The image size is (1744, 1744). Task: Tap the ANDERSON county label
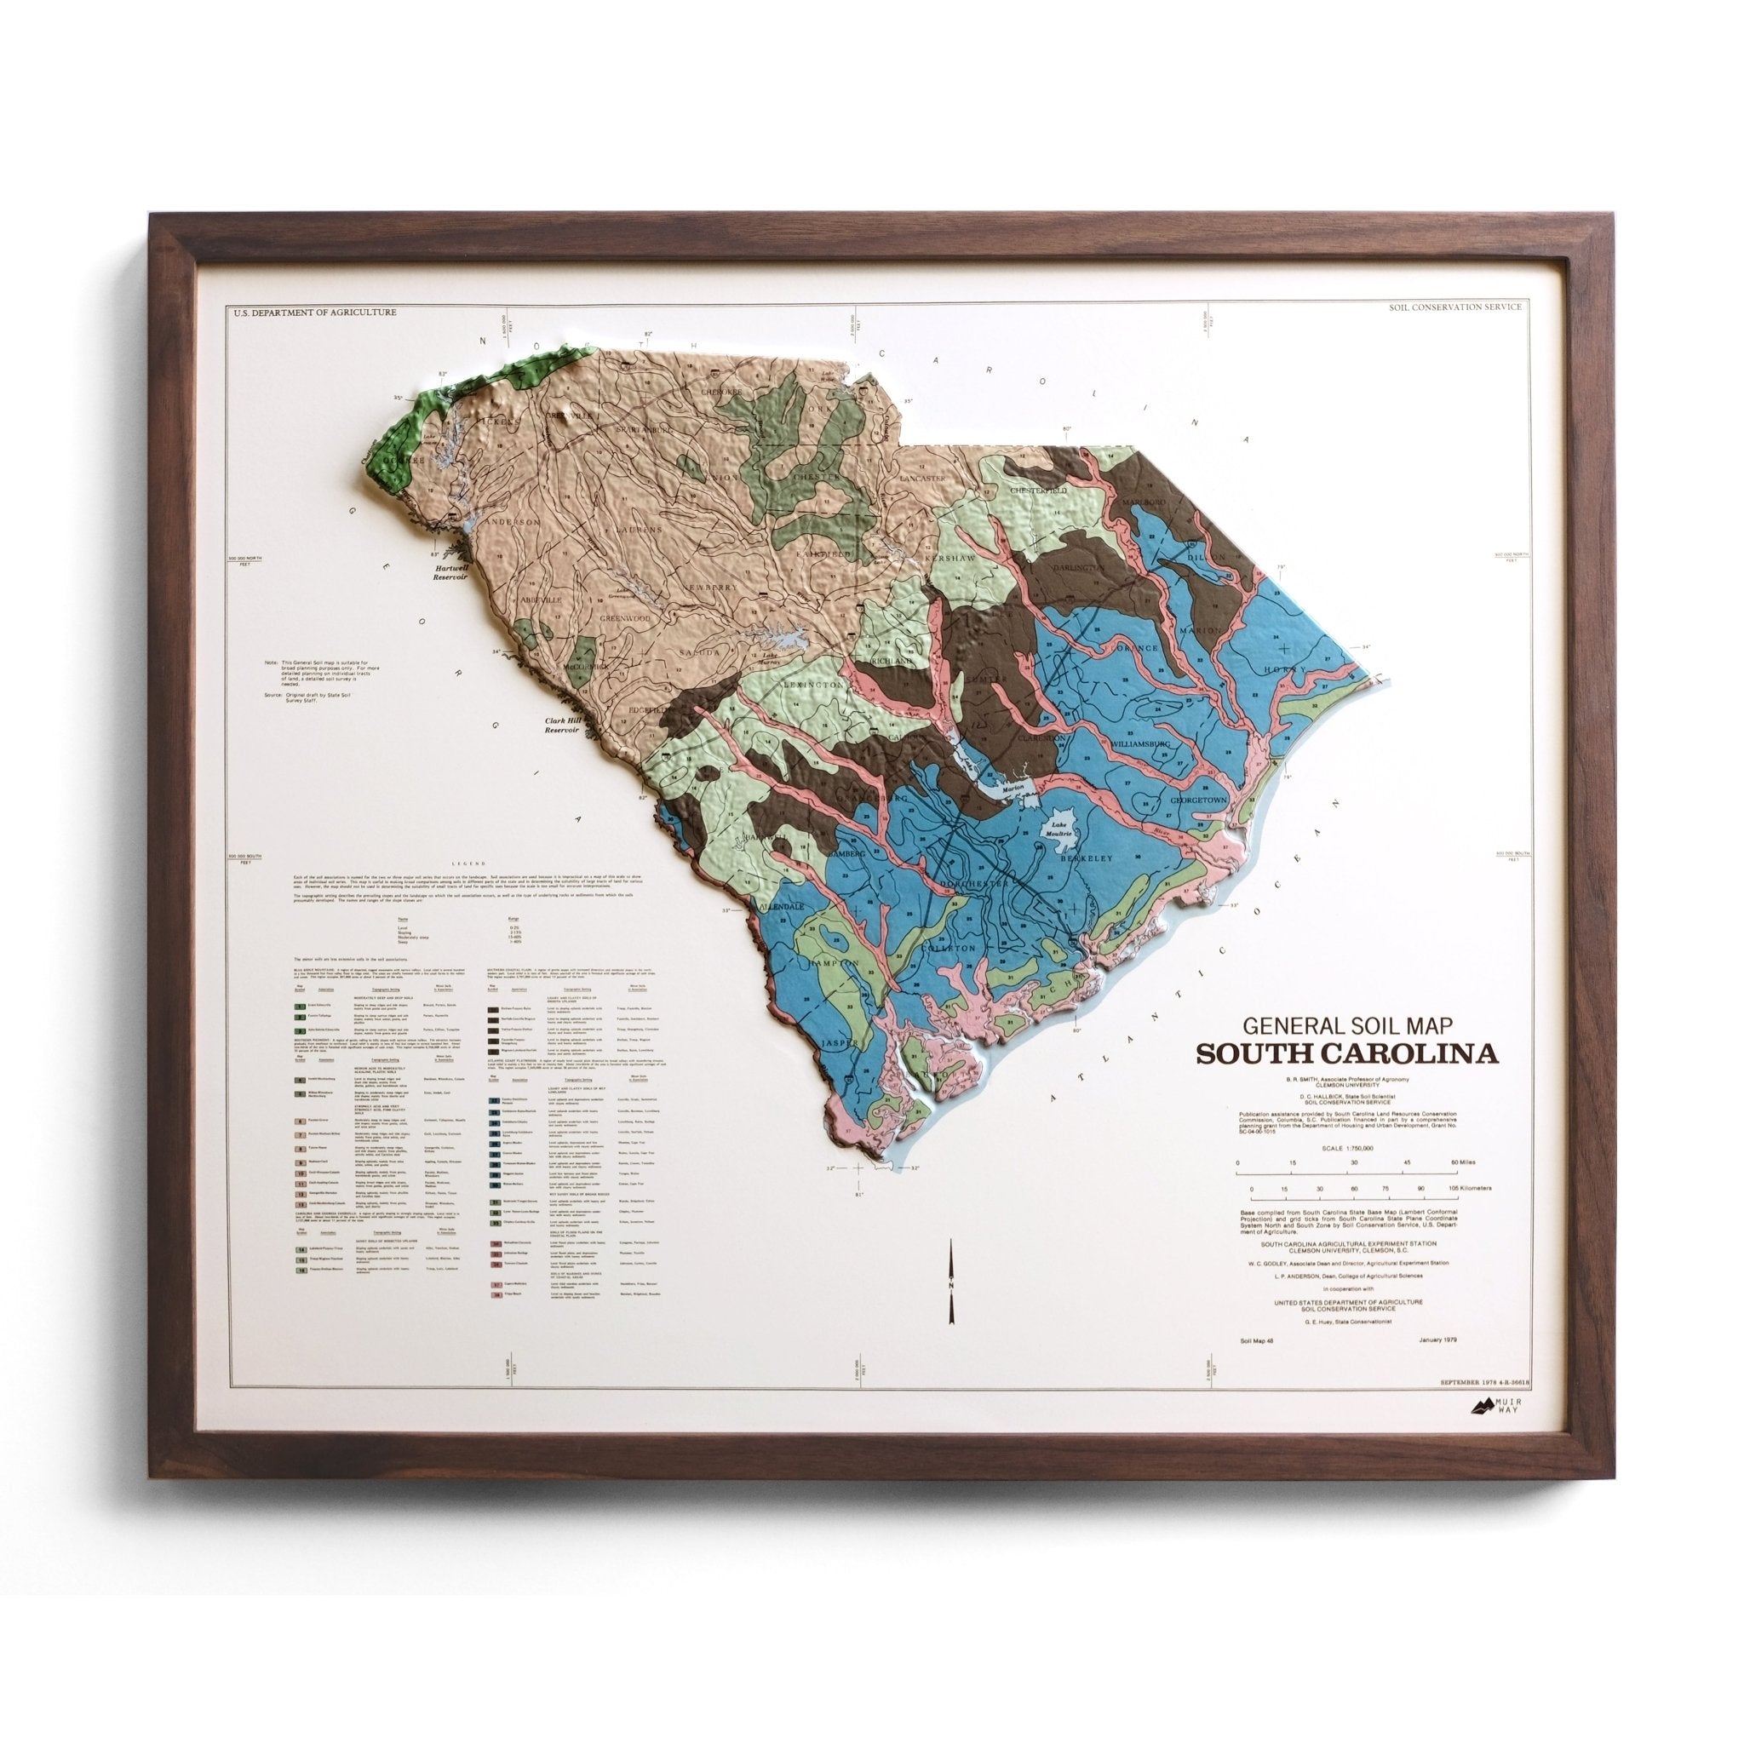[513, 522]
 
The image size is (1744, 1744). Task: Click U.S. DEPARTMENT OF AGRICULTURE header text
[313, 313]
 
